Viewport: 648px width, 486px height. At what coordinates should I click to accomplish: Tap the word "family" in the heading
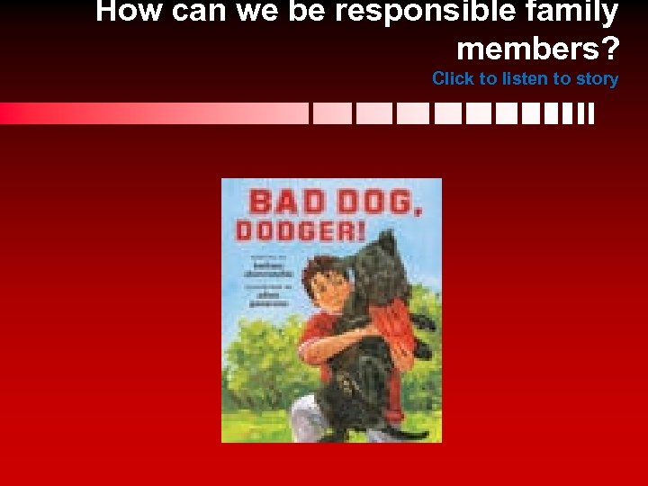coord(573,12)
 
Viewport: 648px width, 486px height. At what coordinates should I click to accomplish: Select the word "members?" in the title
coord(537,47)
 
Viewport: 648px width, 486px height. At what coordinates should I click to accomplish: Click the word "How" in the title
coord(125,12)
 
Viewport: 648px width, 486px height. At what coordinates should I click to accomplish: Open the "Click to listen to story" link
coord(525,79)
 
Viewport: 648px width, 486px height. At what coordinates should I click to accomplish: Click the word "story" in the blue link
coord(597,79)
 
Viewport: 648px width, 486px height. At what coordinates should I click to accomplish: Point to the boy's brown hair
coord(317,267)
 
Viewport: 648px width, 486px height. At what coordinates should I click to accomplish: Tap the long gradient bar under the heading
coord(153,113)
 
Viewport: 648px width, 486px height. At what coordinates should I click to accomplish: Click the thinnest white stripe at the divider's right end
coord(591,113)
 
